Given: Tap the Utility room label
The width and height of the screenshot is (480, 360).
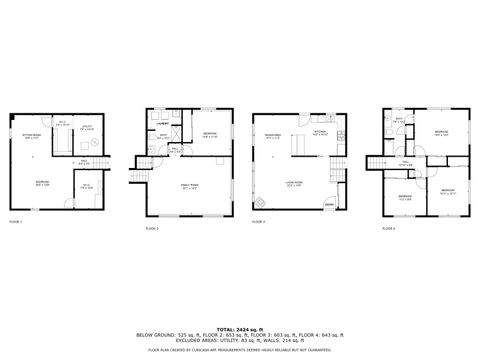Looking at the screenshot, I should pyautogui.click(x=86, y=141).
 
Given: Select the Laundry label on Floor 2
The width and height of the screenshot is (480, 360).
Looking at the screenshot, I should pyautogui.click(x=161, y=124).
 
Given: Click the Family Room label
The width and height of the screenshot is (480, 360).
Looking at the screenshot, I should pyautogui.click(x=190, y=187).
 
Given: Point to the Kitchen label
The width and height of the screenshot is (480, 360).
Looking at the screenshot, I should pyautogui.click(x=320, y=131).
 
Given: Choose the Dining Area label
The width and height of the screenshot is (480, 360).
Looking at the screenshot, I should pyautogui.click(x=272, y=135).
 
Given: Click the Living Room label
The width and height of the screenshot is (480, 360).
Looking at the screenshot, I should pyautogui.click(x=296, y=182).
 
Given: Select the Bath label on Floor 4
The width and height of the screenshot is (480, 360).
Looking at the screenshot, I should pyautogui.click(x=398, y=120).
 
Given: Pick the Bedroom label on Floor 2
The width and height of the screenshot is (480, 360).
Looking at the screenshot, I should pyautogui.click(x=210, y=134).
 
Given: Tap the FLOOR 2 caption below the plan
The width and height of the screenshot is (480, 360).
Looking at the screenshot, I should pyautogui.click(x=151, y=229).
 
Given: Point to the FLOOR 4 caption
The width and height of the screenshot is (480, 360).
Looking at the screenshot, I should pyautogui.click(x=388, y=229).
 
